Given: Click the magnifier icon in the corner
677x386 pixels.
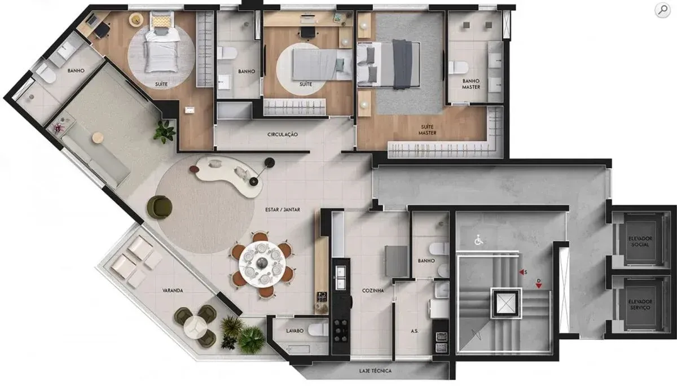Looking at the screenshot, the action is click(x=662, y=10).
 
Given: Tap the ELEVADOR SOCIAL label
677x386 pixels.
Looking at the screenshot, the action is click(x=640, y=242).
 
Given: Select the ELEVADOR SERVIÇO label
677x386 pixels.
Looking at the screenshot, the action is click(x=640, y=305).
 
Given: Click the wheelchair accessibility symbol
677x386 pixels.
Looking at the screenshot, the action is click(x=478, y=240).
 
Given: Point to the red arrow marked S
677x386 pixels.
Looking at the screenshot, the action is click(x=522, y=273).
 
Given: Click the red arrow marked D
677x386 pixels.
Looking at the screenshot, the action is click(x=539, y=286).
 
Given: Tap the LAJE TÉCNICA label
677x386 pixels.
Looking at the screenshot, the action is click(x=375, y=371).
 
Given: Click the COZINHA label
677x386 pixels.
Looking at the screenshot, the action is click(x=373, y=291).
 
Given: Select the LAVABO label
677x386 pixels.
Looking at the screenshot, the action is click(x=294, y=331).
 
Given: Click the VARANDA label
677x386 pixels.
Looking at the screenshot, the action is click(x=173, y=291).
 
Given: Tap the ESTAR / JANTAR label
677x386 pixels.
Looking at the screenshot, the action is click(x=283, y=209).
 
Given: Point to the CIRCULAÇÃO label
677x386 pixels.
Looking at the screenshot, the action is click(x=283, y=134).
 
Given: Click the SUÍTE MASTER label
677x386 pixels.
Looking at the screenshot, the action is click(x=428, y=130).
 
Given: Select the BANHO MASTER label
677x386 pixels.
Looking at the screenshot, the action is click(x=471, y=84).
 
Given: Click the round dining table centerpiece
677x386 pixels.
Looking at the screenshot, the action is click(x=262, y=263).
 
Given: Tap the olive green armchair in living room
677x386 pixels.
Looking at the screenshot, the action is click(x=160, y=207).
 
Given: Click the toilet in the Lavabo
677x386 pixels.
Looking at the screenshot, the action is click(x=318, y=329).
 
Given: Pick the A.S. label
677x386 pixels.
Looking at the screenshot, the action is click(x=415, y=331).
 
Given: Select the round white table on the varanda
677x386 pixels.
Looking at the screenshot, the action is click(x=195, y=328).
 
